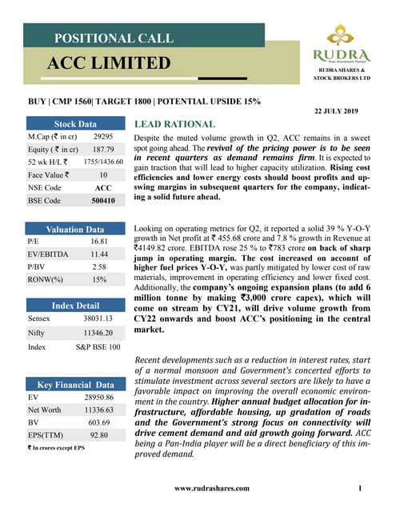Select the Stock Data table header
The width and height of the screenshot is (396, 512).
(x=75, y=125)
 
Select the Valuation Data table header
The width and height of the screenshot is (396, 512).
(x=75, y=229)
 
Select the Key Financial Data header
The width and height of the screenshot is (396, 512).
(x=75, y=385)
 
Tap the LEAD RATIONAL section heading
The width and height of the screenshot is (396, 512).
(x=174, y=125)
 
